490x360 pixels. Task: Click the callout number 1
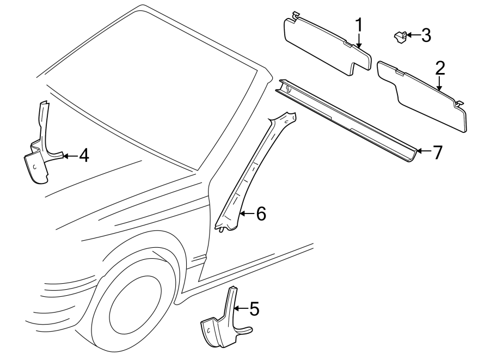coord(359,25)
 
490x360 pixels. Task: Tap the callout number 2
coord(440,68)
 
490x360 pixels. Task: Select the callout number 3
coord(426,35)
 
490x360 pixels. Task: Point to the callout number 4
coord(83,156)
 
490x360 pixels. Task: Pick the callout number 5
coord(254,309)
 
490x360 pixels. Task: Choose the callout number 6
coord(261,214)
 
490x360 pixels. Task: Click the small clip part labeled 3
coord(400,36)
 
